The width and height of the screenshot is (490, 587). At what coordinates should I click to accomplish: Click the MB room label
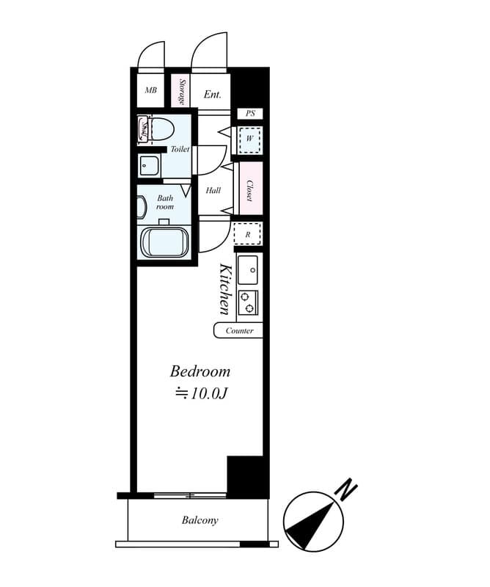coord(151,90)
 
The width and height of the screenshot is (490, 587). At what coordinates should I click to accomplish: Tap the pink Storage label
coord(181,91)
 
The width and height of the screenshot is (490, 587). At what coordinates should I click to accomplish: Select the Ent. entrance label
coord(212,95)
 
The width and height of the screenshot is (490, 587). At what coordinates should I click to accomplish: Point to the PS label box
coord(250,113)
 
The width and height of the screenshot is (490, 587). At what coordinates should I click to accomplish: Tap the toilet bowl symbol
coord(162,129)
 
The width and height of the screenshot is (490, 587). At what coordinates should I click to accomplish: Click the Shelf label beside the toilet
coord(143,130)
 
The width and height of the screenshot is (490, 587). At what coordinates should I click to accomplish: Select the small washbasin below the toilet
coord(149,166)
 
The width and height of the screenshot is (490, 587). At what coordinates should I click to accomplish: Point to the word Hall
coord(213,190)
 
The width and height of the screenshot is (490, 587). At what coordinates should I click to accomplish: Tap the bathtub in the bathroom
coord(165,242)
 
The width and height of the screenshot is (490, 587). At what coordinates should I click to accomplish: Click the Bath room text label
coord(165,203)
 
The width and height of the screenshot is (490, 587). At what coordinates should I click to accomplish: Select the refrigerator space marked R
coord(247,233)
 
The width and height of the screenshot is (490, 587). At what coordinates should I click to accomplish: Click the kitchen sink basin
coord(248,270)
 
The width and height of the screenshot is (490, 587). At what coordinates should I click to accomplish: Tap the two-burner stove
coord(248,302)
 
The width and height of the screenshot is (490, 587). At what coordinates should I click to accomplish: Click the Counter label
coord(240,331)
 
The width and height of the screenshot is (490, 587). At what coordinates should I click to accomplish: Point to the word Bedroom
coord(200,371)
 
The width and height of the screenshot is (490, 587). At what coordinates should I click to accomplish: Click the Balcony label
coord(200,520)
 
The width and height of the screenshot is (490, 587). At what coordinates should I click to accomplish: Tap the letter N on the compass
coord(346,489)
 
